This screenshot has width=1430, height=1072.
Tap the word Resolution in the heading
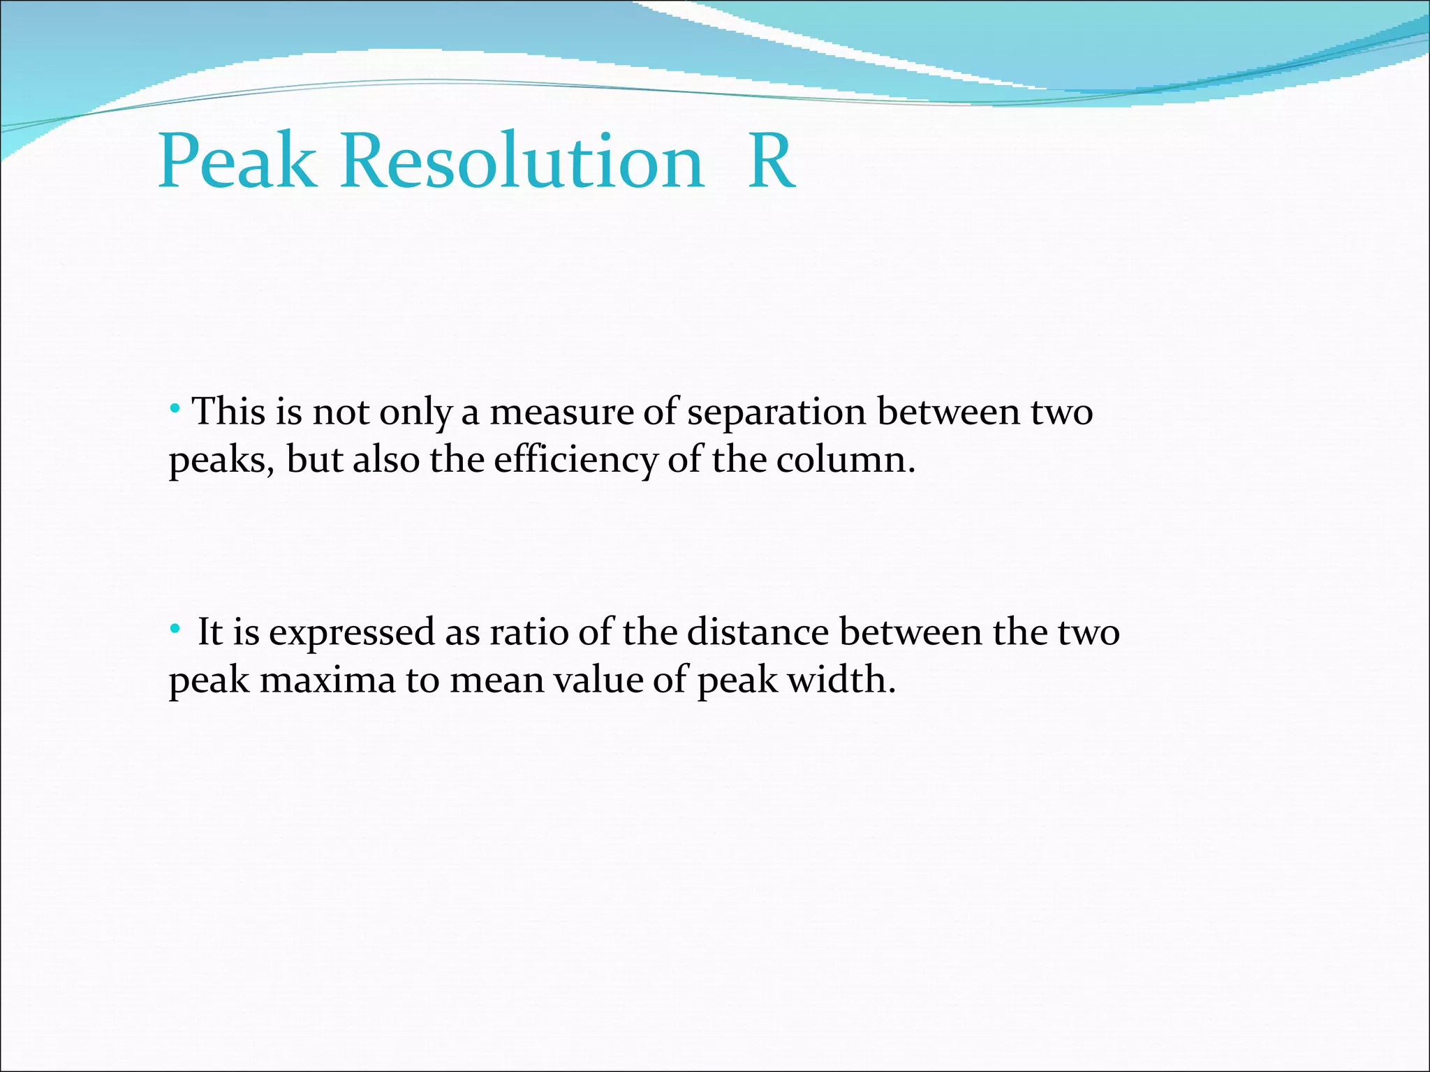point(522,162)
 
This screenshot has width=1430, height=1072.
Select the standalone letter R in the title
point(771,162)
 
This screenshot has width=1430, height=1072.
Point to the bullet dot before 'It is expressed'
point(175,627)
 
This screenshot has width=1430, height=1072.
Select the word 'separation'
point(776,413)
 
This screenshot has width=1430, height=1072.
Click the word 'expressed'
point(352,634)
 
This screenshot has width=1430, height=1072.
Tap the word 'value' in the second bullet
point(598,680)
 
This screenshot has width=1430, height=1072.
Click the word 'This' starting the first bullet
point(228,412)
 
